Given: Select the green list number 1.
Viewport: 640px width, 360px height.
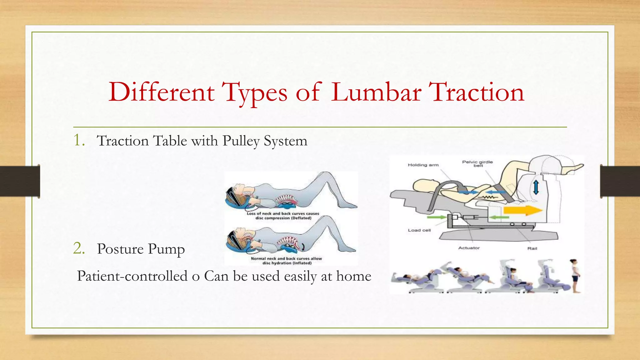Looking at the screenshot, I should click(x=79, y=140).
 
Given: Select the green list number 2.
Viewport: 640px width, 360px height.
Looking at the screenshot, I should click(x=79, y=248).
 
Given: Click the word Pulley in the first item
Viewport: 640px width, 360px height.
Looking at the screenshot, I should click(x=241, y=141).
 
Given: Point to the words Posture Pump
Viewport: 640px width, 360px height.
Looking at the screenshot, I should click(x=141, y=249).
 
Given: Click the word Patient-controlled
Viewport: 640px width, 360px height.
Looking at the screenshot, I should click(x=132, y=276).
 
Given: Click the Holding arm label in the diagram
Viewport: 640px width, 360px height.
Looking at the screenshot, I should click(x=423, y=165).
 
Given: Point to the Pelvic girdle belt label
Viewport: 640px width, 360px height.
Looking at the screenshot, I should click(x=477, y=163).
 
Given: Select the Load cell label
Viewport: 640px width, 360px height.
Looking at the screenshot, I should click(x=419, y=230).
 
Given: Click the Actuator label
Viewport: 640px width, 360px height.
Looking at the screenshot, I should click(x=469, y=248).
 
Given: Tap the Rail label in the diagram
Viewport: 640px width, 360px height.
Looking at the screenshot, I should click(x=532, y=248).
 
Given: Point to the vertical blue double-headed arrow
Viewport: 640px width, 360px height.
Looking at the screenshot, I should click(x=536, y=187).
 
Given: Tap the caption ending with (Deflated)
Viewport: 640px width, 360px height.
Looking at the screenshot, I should click(x=283, y=216).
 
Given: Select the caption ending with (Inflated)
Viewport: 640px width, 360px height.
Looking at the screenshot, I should click(x=286, y=261).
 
